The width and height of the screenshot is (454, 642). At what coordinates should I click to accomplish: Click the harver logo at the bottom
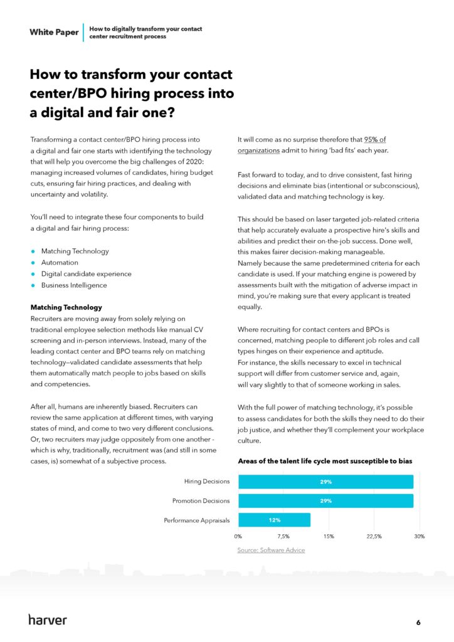click(x=48, y=619)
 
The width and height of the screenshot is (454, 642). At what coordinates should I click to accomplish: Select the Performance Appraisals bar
click(x=274, y=520)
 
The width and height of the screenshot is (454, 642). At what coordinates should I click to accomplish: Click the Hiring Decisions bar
click(x=325, y=481)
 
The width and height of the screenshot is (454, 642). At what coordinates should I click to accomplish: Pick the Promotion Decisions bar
click(x=325, y=501)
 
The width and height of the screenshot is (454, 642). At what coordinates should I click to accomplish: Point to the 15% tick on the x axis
click(x=329, y=537)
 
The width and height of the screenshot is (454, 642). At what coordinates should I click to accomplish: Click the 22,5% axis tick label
click(x=374, y=537)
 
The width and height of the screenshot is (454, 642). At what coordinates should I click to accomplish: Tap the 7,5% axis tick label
click(x=283, y=537)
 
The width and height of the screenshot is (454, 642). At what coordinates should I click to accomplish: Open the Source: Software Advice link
click(x=271, y=550)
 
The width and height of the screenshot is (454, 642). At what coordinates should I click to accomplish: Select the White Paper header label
click(x=54, y=33)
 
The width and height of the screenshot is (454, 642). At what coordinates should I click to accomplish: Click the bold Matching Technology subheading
click(x=66, y=307)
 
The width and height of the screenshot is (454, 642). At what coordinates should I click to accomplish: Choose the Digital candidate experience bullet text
click(x=86, y=274)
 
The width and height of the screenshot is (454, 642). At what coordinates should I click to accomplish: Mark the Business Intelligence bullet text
click(x=74, y=285)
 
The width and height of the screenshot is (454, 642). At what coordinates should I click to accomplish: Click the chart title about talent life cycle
click(x=325, y=461)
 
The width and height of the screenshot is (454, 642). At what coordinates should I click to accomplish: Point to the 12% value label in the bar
click(x=274, y=520)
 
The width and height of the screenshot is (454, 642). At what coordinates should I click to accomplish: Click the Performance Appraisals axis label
click(x=197, y=520)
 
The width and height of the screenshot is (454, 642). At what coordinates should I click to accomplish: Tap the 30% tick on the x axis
click(x=419, y=537)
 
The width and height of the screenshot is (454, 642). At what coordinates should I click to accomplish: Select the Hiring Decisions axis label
click(x=207, y=481)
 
